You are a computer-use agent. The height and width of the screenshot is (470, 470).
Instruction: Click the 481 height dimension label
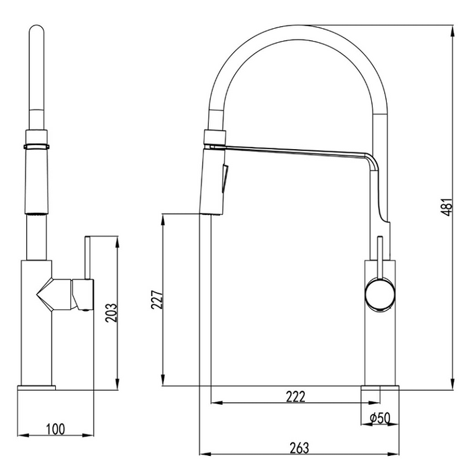coord(446,207)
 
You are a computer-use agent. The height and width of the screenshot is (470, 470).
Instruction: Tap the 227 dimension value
coord(157,299)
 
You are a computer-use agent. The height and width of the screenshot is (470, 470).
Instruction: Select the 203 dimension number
coord(111,313)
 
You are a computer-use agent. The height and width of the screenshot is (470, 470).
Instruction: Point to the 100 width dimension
coord(55,429)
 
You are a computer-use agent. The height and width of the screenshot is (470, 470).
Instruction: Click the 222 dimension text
coord(295,397)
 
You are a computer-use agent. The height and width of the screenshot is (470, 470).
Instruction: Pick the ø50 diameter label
coord(380,418)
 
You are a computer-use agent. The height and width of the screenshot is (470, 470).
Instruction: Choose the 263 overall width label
coord(299,448)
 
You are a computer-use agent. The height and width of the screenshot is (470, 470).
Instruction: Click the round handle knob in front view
coord(380,295)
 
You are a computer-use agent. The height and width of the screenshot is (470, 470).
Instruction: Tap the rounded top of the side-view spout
coord(36,31)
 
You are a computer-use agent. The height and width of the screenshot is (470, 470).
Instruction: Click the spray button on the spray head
coord(224,179)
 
